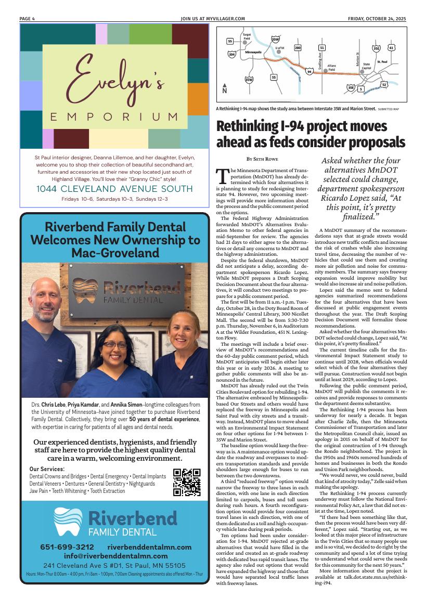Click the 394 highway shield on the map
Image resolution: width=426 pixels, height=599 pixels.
[232, 54]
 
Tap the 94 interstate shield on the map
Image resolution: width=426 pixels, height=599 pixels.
[309, 72]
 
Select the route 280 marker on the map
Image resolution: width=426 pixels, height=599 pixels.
[298, 48]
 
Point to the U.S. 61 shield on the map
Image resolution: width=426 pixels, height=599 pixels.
[391, 48]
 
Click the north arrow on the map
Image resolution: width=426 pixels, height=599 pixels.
[225, 88]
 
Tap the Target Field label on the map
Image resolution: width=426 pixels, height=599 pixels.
[247, 36]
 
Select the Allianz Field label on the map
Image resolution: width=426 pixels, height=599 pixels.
[332, 68]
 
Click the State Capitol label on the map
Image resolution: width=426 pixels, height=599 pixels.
[366, 66]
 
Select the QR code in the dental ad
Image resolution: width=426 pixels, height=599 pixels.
[186, 483]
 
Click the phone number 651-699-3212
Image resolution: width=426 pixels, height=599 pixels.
[67, 547]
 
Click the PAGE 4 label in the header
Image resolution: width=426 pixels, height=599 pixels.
[27, 19]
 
